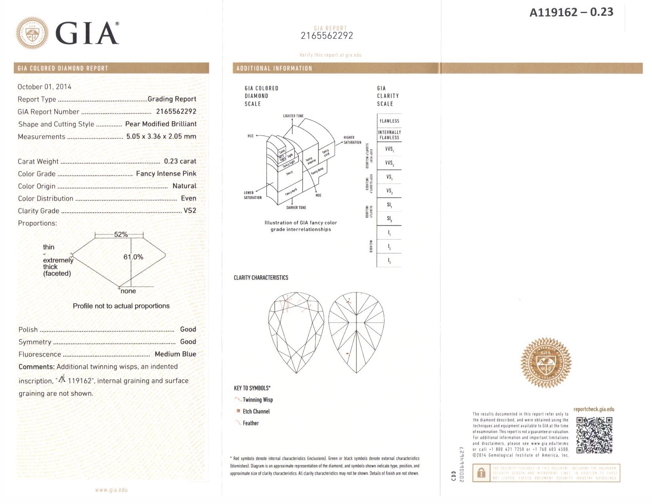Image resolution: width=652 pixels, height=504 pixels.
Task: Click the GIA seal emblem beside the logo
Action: [x=32, y=33]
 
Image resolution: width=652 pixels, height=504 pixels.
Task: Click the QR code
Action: [x=594, y=435]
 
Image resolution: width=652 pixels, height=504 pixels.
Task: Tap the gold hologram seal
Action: [x=546, y=363]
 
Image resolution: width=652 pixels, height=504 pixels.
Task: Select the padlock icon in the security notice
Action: [x=481, y=473]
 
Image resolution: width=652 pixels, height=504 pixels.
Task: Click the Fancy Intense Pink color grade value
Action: [x=166, y=174]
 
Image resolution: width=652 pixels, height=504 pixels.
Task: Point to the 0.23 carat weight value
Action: [x=180, y=161]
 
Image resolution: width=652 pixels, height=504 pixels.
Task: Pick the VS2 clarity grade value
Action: [x=190, y=211]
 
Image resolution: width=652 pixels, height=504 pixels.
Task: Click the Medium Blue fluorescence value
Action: [x=175, y=354]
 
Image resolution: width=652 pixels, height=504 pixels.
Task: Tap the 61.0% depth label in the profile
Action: [x=133, y=257]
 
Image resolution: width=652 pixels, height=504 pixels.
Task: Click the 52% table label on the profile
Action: [x=121, y=234]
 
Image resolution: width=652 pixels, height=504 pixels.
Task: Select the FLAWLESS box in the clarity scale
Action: [x=389, y=121]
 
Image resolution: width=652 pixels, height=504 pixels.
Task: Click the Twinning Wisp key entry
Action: [x=257, y=400]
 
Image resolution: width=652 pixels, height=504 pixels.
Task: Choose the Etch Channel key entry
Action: [x=256, y=412]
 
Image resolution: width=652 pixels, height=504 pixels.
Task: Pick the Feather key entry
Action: [x=251, y=423]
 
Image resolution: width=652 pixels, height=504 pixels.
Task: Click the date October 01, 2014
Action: [x=44, y=87]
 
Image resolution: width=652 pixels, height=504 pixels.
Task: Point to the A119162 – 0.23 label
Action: [x=571, y=13]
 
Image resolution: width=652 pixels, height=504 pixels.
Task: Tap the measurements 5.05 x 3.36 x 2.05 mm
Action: [x=161, y=136]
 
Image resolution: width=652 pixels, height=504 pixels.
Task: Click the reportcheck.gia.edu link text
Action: [x=594, y=410]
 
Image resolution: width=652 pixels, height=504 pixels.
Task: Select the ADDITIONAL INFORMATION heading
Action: [x=274, y=68]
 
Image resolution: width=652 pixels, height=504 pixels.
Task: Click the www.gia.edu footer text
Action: [x=111, y=490]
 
